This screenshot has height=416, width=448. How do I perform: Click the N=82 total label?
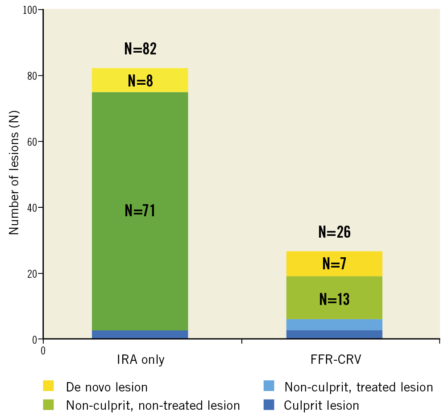coord(140,49)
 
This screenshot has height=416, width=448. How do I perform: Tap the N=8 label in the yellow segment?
coord(140,81)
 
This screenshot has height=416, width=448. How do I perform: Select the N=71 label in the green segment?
coord(140,210)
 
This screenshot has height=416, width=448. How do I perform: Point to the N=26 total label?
coord(334,232)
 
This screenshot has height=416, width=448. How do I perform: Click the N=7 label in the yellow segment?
coord(334,264)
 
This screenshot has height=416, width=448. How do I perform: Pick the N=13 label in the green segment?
coord(334,299)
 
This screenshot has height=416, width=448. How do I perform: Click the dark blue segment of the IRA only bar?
coord(140,334)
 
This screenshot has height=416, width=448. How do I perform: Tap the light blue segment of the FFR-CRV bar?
coord(334,325)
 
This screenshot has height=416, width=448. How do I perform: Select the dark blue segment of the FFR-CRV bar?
coord(334,334)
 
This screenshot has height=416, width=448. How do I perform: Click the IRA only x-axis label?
coord(141,359)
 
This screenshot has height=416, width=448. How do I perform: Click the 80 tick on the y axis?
coord(32,76)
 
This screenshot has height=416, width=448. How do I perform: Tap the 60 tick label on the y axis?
coord(32,142)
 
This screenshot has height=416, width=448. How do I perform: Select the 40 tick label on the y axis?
coord(32,208)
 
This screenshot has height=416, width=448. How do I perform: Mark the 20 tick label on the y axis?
coord(32,273)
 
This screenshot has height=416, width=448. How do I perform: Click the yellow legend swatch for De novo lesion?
coord(48,386)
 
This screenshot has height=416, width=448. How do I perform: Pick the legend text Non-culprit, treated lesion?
coord(358,387)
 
